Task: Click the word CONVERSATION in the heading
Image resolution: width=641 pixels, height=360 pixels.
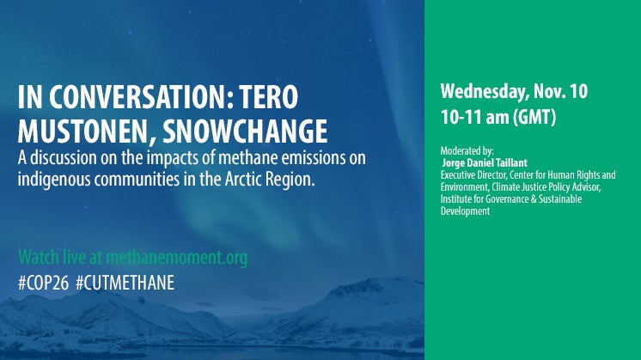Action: click(142, 97)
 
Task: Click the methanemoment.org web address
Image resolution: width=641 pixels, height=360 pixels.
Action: click(177, 258)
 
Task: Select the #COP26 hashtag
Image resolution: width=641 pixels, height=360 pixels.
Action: click(43, 283)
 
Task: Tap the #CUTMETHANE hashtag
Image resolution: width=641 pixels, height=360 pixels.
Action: click(125, 283)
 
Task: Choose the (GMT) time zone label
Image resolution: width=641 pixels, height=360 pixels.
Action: click(534, 117)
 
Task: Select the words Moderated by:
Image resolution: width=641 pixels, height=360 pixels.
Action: click(467, 150)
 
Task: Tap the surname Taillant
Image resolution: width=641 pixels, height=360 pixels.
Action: click(511, 162)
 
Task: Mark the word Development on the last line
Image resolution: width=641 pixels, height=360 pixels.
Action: click(465, 211)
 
